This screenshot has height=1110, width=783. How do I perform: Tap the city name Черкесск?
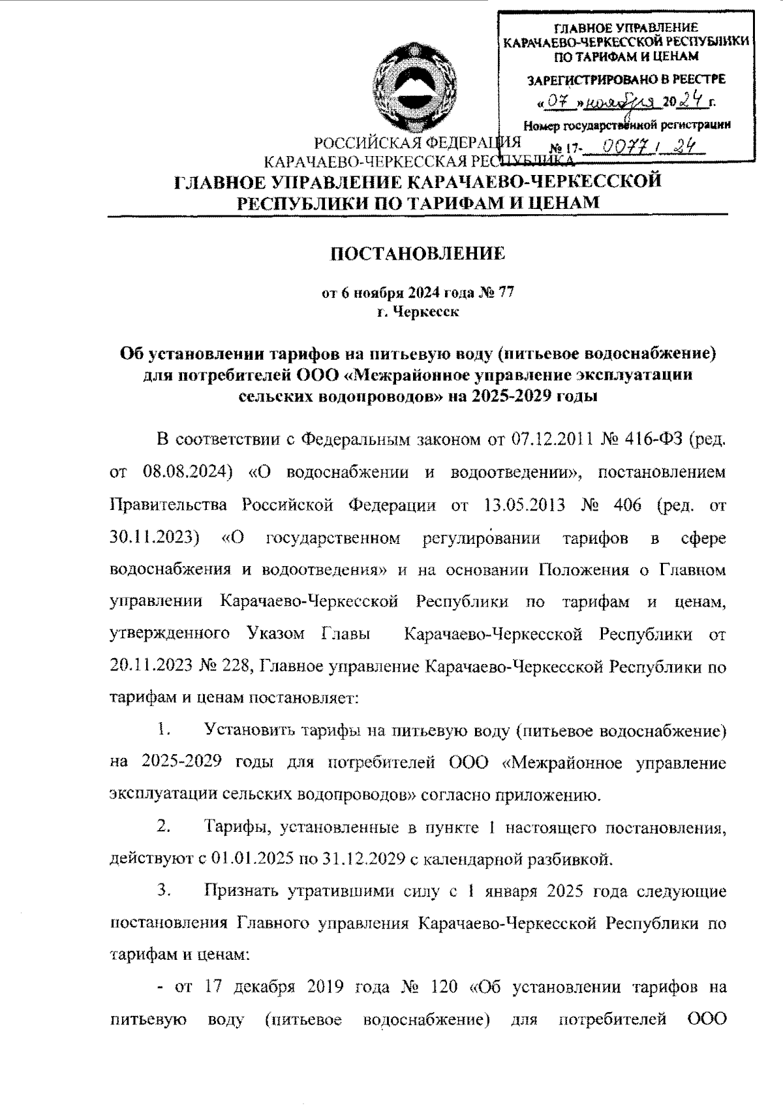coord(427,312)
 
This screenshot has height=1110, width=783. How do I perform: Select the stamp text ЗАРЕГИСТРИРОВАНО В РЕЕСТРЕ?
coord(625,80)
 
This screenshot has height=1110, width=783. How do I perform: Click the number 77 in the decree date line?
coord(505,293)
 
